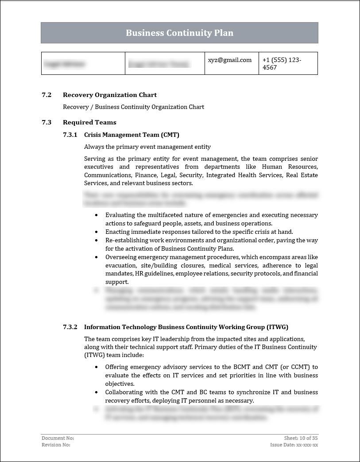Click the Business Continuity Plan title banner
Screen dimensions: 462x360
[x=179, y=33]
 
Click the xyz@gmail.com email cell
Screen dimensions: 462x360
[x=230, y=60]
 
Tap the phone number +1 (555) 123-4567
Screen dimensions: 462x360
[x=282, y=64]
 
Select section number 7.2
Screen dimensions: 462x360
[x=46, y=95]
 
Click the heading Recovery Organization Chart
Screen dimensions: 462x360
[x=110, y=95]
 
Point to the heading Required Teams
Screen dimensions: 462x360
[x=89, y=122]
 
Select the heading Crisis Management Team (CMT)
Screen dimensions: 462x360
[x=132, y=135]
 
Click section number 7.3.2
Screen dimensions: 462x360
[x=70, y=327]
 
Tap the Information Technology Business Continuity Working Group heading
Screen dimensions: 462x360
[x=186, y=327]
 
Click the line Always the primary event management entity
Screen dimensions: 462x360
[x=147, y=147]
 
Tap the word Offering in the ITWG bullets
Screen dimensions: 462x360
[x=117, y=367]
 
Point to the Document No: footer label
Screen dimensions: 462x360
[x=55, y=438]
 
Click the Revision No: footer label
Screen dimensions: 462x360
[x=56, y=445]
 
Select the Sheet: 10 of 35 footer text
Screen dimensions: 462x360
[x=301, y=438]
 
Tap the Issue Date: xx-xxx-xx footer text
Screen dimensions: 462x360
[x=294, y=445]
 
